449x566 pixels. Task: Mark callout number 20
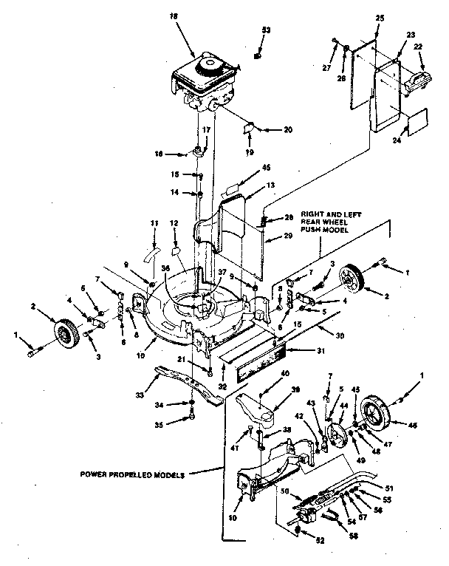tap(287, 129)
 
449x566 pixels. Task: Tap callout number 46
tap(411, 426)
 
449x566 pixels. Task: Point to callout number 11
tap(154, 223)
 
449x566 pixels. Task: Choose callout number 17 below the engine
tap(207, 129)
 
